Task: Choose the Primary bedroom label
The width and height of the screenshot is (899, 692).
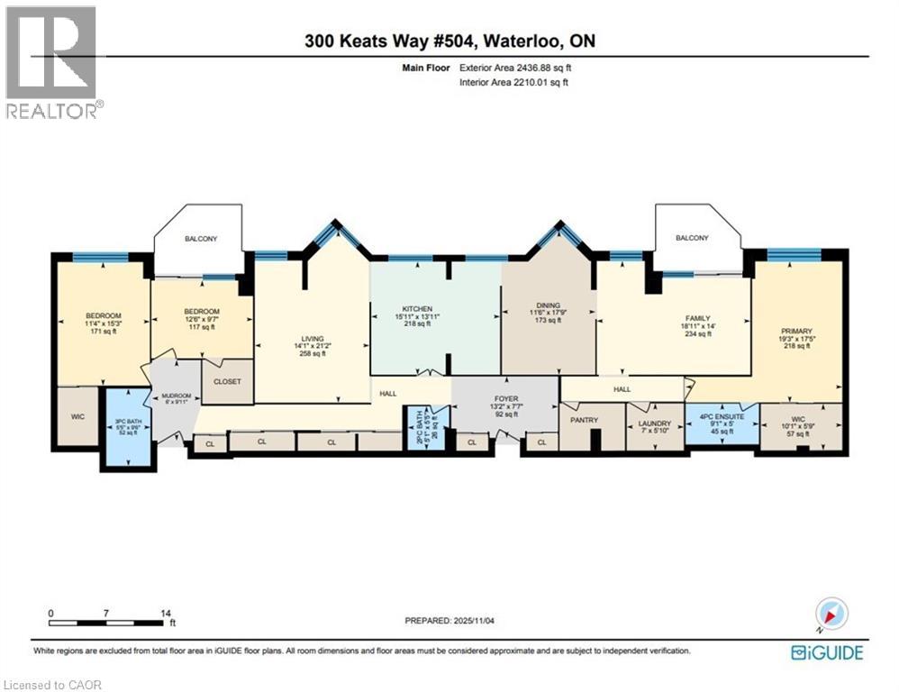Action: pyautogui.click(x=795, y=332)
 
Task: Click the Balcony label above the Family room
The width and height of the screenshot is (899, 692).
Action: pyautogui.click(x=693, y=238)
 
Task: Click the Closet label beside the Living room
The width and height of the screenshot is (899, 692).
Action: pyautogui.click(x=227, y=381)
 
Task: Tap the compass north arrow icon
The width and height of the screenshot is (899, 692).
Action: pyautogui.click(x=831, y=615)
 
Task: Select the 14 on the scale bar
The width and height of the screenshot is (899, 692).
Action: pyautogui.click(x=165, y=613)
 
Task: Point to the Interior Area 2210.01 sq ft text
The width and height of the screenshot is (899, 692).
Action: pyautogui.click(x=514, y=83)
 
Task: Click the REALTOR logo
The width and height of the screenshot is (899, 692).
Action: pyautogui.click(x=51, y=61)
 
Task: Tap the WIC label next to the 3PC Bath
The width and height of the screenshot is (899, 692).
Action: pyautogui.click(x=77, y=417)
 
